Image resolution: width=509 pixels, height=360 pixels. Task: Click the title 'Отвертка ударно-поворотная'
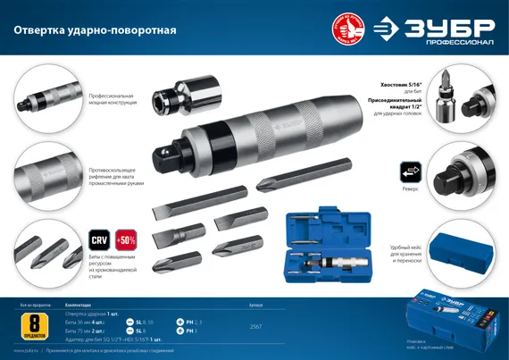click(95, 29)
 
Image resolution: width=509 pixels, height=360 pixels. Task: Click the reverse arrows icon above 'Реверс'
click(409, 169)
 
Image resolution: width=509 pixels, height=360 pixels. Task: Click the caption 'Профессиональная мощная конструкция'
click(112, 98)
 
